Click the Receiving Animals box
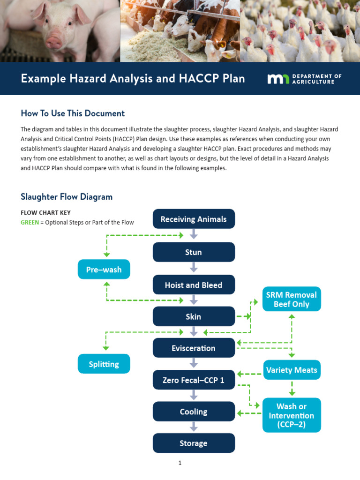(x=194, y=219)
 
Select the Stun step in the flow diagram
(x=194, y=252)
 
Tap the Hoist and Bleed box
(x=194, y=285)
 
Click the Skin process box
(x=194, y=316)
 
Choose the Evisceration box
(x=194, y=348)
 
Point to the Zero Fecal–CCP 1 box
(x=194, y=380)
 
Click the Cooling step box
(x=194, y=412)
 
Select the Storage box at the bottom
(x=194, y=443)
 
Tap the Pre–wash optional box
(x=104, y=270)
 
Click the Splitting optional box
(x=104, y=364)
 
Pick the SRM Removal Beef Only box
(x=292, y=299)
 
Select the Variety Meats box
(x=292, y=370)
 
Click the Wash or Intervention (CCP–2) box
(x=292, y=415)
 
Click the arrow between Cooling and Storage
(x=194, y=427)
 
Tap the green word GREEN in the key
(x=30, y=223)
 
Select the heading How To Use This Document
(x=73, y=113)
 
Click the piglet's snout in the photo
(x=54, y=43)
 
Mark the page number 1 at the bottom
(x=180, y=463)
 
